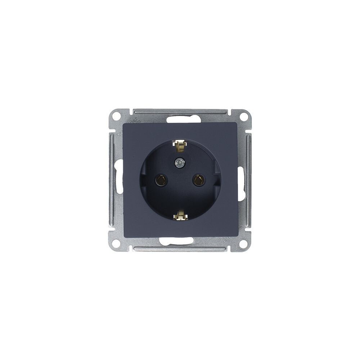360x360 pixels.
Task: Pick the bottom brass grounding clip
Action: [x=180, y=216]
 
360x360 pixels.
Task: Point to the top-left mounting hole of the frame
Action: [x=116, y=116]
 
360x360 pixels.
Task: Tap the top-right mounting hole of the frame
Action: [x=244, y=116]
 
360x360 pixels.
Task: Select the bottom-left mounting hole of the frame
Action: [x=116, y=243]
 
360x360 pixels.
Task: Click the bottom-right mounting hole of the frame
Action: [x=244, y=243]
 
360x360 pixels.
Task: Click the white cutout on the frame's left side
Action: [x=119, y=180]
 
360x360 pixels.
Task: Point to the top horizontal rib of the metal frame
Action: [x=180, y=111]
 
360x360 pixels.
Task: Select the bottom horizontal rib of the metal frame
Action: [x=180, y=248]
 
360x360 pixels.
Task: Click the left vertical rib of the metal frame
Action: [x=111, y=180]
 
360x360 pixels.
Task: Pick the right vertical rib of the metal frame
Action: [x=249, y=180]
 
